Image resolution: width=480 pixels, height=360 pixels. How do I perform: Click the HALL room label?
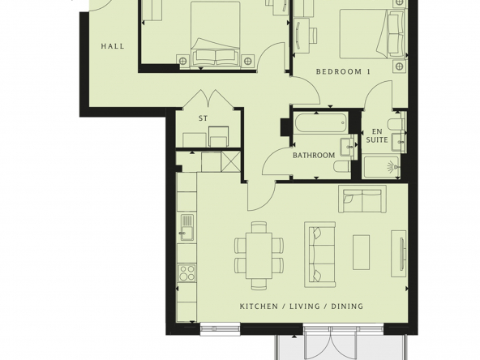tap(113, 46)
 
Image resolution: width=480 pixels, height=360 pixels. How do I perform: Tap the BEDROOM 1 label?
tap(343, 71)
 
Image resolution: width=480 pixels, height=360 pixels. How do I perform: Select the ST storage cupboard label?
tap(203, 118)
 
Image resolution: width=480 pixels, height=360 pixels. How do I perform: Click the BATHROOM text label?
tap(314, 155)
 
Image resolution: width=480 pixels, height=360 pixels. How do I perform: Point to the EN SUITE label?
tap(377, 135)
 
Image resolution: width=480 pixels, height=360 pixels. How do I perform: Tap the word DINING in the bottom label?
tap(348, 306)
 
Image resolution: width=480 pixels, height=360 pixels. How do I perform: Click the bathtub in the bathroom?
tap(321, 123)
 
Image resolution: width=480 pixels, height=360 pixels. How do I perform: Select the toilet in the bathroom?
tap(342, 167)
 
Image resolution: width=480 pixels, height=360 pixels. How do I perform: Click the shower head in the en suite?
tap(392, 167)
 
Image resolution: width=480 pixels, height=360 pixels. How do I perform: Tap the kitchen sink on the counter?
tap(187, 227)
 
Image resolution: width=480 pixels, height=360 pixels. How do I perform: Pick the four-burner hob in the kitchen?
tap(187, 272)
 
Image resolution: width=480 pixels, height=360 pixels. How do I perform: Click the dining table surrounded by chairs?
tap(259, 255)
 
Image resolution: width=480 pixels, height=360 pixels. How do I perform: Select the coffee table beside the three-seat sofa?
tap(362, 252)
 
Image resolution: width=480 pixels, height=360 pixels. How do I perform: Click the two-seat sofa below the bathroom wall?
tap(362, 199)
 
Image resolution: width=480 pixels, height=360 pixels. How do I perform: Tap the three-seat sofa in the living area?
tap(320, 255)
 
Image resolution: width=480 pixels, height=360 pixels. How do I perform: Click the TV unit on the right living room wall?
tap(399, 254)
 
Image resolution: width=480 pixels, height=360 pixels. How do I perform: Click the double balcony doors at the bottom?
tap(332, 343)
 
